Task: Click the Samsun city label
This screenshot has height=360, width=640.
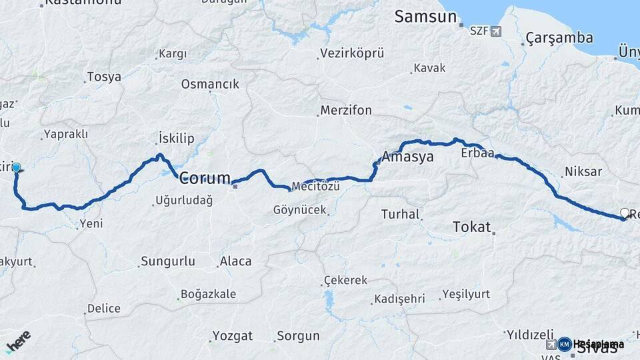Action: click(x=425, y=16)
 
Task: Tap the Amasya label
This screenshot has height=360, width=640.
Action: click(x=408, y=157)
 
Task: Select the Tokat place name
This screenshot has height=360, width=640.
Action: click(x=471, y=227)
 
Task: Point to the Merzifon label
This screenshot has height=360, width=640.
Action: click(x=345, y=110)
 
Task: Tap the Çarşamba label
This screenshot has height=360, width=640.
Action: click(x=559, y=37)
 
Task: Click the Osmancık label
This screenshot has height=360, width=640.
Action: click(x=209, y=84)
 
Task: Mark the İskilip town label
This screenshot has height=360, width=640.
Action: click(x=176, y=139)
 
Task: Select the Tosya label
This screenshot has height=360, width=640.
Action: click(x=104, y=77)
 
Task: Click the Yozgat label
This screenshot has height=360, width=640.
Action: click(x=232, y=335)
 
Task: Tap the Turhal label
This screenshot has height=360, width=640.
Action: click(x=400, y=214)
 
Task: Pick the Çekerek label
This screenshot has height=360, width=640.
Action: click(x=345, y=280)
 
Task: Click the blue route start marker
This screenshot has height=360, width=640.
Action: click(x=16, y=168)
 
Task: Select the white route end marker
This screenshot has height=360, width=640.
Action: click(x=624, y=213)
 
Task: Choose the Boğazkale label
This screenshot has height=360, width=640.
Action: click(x=207, y=294)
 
